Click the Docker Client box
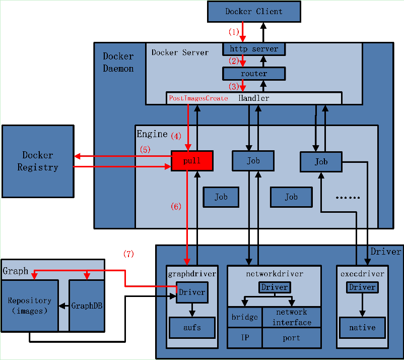tap(254, 12)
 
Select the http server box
tap(254, 49)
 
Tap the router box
tap(254, 74)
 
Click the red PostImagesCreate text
tap(198, 98)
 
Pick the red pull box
tap(192, 161)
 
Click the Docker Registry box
tap(38, 161)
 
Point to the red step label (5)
tap(145, 150)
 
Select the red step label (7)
tap(128, 254)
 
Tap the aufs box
tap(192, 328)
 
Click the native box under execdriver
tap(362, 328)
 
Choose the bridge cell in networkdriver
tap(245, 317)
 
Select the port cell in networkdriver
tap(292, 338)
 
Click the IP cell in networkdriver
tap(245, 338)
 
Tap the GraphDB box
tap(87, 306)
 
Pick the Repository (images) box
tap(30, 306)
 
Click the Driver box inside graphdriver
tap(192, 292)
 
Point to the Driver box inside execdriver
tap(362, 287)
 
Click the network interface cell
tap(292, 317)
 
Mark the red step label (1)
tap(234, 32)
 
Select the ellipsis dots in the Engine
tap(348, 198)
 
